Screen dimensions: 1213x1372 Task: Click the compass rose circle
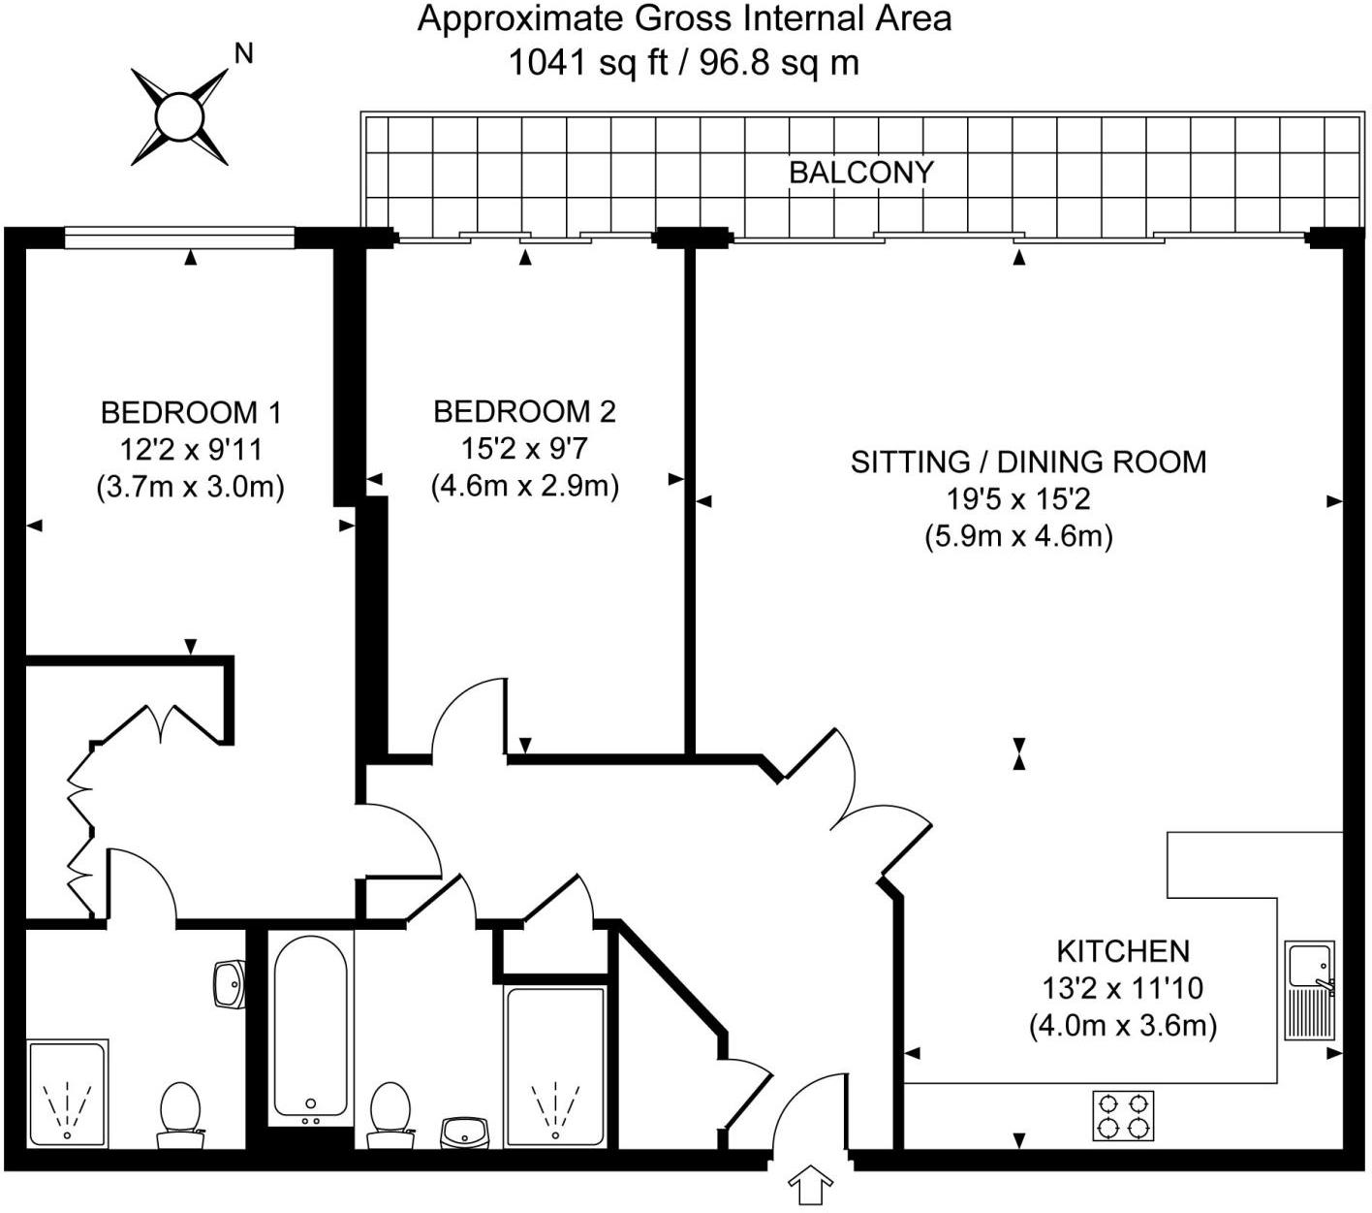click(x=180, y=117)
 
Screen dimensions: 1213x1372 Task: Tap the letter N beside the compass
click(x=244, y=54)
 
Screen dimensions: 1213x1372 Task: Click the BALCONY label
click(x=860, y=173)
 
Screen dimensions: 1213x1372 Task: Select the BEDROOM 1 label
click(x=191, y=413)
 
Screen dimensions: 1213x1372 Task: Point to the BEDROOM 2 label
click(x=524, y=412)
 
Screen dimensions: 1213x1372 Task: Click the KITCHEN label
click(x=1122, y=950)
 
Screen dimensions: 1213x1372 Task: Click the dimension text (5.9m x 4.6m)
click(x=1018, y=536)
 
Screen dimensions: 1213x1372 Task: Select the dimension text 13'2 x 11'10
click(x=1122, y=988)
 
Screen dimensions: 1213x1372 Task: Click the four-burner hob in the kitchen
click(x=1123, y=1115)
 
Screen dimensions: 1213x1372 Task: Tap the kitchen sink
click(x=1310, y=989)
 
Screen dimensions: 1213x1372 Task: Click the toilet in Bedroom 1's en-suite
click(x=179, y=1108)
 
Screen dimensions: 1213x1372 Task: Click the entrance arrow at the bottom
click(x=812, y=1186)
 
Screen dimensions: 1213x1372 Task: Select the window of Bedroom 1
click(x=179, y=236)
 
